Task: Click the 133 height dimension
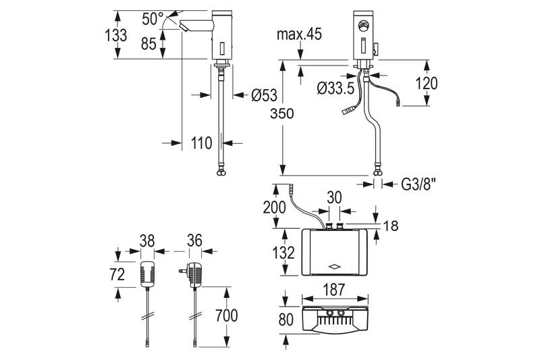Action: (x=116, y=35)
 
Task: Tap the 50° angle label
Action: (x=153, y=18)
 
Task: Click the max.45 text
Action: (x=299, y=34)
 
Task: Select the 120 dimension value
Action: (x=427, y=83)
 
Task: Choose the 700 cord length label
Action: (x=227, y=315)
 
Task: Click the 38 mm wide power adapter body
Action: (x=148, y=273)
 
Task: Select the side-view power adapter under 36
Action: (x=196, y=274)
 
